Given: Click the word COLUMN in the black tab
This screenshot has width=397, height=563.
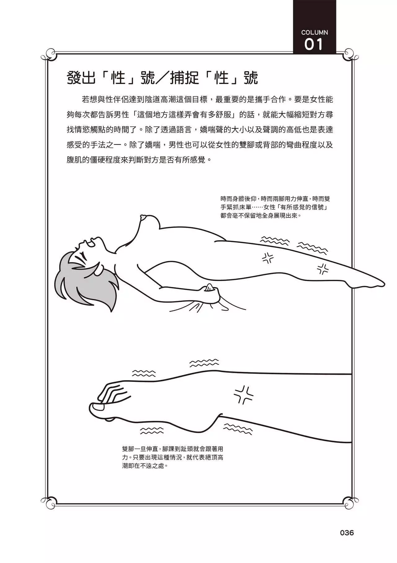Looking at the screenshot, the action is point(314,32).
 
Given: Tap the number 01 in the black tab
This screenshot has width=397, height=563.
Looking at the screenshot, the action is point(314,45).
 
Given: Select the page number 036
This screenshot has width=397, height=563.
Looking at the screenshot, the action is point(347,533).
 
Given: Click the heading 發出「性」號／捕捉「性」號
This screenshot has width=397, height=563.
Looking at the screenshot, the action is point(162,78).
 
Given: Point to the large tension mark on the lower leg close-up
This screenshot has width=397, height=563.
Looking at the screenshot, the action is point(243,395).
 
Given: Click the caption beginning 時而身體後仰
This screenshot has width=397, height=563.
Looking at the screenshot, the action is point(275,207).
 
